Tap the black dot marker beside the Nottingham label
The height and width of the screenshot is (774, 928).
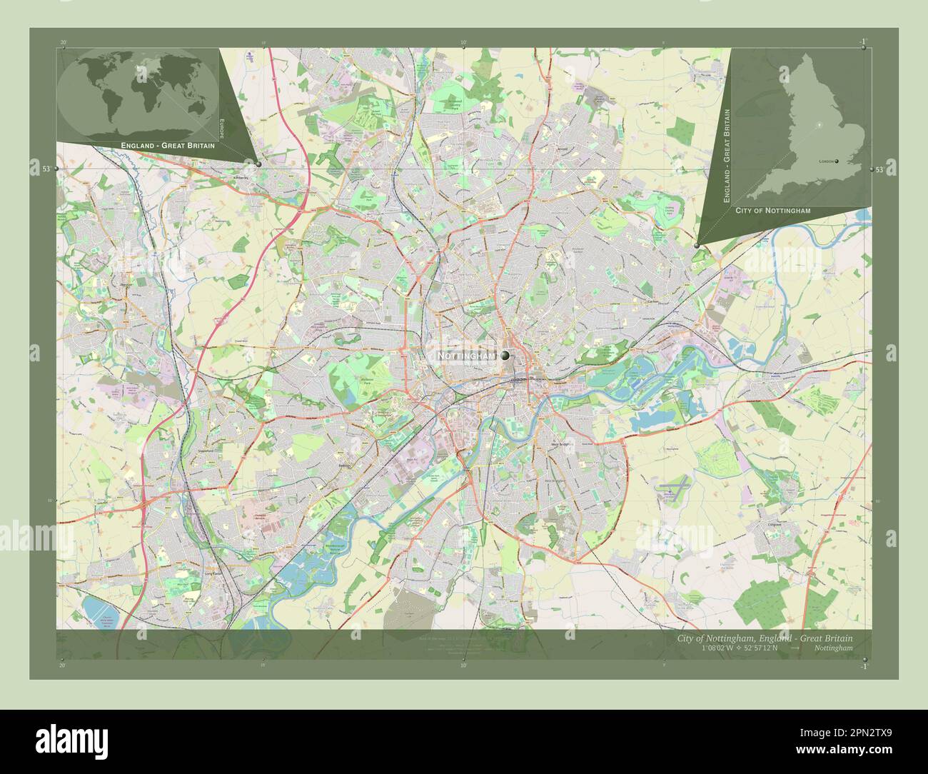(x=505, y=355)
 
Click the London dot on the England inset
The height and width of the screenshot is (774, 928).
(x=836, y=161)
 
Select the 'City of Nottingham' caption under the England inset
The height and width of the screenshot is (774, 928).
(x=772, y=211)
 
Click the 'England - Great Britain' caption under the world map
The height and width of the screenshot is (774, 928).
(x=168, y=146)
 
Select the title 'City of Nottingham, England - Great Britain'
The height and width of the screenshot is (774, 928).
(x=764, y=638)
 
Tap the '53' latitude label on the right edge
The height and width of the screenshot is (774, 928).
(x=879, y=169)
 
